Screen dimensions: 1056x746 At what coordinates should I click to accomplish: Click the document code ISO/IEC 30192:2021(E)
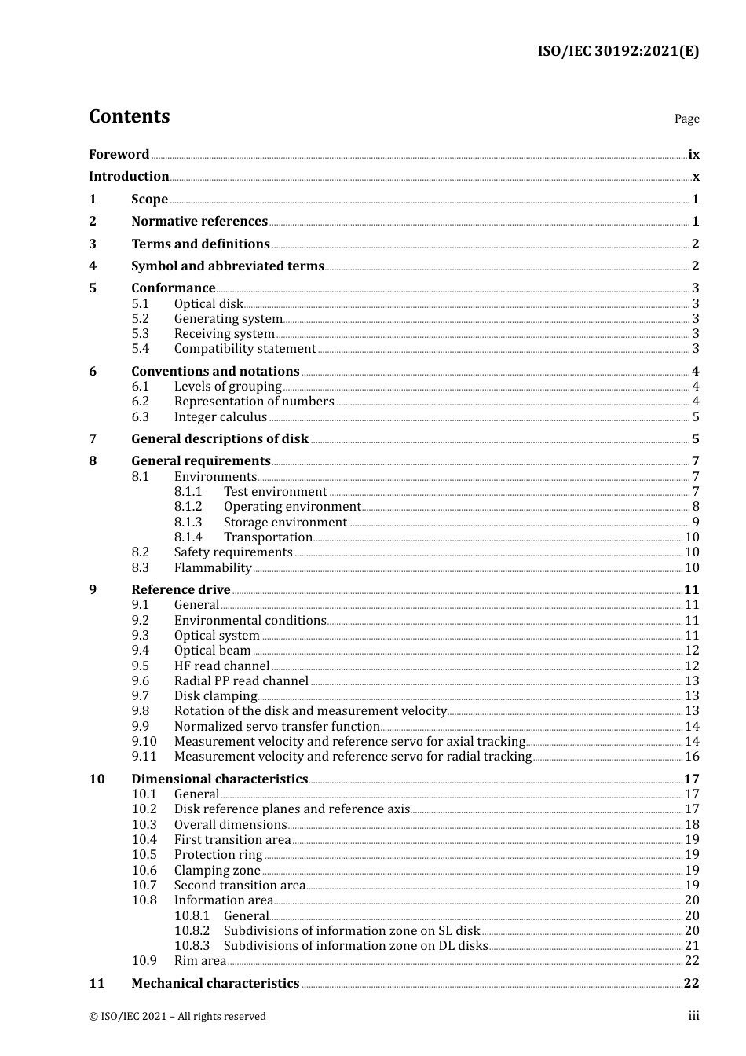point(617,51)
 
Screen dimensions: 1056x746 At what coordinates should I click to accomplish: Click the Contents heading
point(129,116)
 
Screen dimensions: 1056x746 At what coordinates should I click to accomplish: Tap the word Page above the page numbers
point(686,119)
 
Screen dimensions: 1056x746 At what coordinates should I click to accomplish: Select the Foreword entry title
point(119,155)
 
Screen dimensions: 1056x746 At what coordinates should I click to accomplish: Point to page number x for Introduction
point(696,177)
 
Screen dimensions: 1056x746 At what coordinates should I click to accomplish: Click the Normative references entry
point(199,222)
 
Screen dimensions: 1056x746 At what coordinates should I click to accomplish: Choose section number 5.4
point(140,349)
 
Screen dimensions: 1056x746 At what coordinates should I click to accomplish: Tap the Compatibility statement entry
point(245,349)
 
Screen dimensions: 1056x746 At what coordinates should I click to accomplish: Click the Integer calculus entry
point(221,417)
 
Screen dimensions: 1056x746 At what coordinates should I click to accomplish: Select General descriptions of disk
point(220,439)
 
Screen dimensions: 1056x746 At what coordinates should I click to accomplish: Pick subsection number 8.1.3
point(188,522)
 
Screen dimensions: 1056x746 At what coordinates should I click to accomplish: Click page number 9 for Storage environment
point(696,522)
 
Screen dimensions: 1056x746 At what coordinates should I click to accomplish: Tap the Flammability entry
point(213,568)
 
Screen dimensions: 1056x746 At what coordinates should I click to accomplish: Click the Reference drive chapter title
point(181,590)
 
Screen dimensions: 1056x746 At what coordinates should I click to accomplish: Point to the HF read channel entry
point(221,666)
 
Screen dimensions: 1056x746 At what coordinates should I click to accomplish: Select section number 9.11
point(144,757)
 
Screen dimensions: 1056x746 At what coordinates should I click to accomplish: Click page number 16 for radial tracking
point(692,757)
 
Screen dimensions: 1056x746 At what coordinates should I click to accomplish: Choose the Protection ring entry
point(218,855)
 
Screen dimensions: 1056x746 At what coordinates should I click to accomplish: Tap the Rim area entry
point(200,961)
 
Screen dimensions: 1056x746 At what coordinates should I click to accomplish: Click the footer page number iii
point(693,1016)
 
